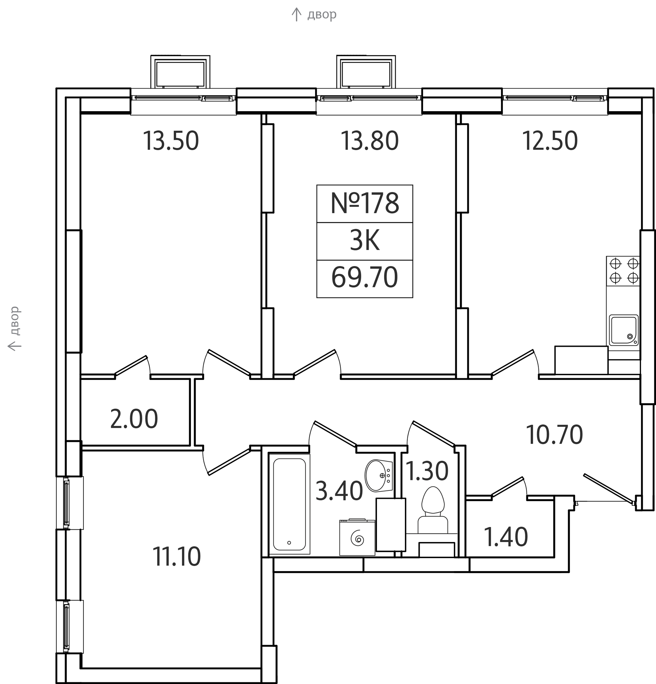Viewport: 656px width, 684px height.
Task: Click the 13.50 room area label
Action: click(171, 141)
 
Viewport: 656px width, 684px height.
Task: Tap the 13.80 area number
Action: click(369, 141)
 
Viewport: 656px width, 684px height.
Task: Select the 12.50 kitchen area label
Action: click(550, 141)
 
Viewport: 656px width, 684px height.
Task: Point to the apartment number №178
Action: click(365, 203)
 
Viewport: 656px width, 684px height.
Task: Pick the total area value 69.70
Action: click(365, 278)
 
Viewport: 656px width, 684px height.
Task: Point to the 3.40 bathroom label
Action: click(339, 491)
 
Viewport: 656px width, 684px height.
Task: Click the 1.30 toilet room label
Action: click(427, 471)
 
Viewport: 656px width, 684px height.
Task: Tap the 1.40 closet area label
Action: click(506, 537)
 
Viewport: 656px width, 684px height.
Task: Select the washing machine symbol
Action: click(357, 537)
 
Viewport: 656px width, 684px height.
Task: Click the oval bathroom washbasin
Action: click(379, 476)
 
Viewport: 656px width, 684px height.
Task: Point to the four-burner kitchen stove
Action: click(624, 271)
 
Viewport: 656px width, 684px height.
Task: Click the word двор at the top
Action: click(322, 15)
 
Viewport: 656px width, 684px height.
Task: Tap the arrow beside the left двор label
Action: click(15, 346)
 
